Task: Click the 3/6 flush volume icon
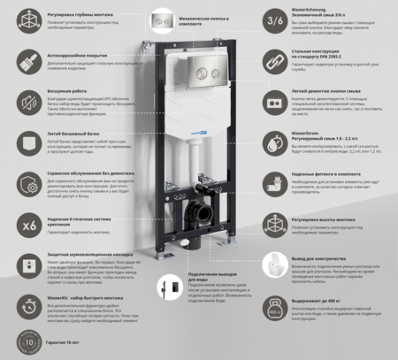coord(275,19)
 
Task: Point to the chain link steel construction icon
coord(275,59)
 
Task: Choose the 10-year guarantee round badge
coord(27,342)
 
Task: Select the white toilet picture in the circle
coord(275,265)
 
